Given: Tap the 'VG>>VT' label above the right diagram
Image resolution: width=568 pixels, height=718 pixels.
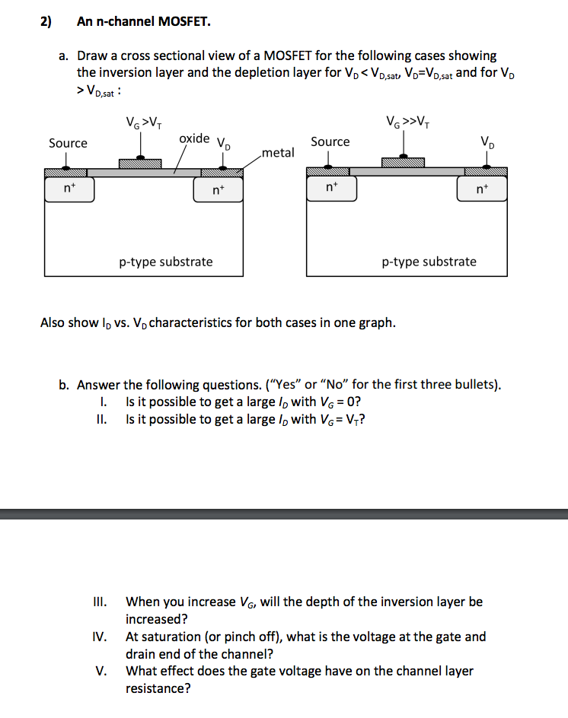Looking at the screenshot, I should pyautogui.click(x=407, y=122).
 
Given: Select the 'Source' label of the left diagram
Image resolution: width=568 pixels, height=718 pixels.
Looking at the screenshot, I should pyautogui.click(x=68, y=143).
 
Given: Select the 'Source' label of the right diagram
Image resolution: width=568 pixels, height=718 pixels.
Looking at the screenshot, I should pyautogui.click(x=330, y=141).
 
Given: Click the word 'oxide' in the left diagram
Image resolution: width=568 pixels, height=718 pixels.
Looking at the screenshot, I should pyautogui.click(x=194, y=138).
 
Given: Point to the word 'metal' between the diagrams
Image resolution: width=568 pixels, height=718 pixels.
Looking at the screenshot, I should pyautogui.click(x=277, y=153).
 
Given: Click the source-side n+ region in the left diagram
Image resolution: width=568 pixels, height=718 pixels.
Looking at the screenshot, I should pyautogui.click(x=69, y=189).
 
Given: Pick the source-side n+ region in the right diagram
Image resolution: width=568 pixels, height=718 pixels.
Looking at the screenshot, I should pyautogui.click(x=330, y=188).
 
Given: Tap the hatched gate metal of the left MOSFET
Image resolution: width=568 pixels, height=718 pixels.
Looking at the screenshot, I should pyautogui.click(x=140, y=164).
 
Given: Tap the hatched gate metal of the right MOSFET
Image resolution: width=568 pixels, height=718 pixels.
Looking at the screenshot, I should pyautogui.click(x=403, y=162).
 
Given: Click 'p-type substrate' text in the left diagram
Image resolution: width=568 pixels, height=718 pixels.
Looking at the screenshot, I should pyautogui.click(x=166, y=262).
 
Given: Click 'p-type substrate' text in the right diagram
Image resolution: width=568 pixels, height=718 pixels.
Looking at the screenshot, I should pyautogui.click(x=429, y=262).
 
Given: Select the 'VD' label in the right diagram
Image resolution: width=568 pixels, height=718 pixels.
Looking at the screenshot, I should pyautogui.click(x=486, y=142).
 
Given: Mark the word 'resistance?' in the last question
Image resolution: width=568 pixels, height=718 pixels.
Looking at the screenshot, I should pyautogui.click(x=158, y=688).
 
